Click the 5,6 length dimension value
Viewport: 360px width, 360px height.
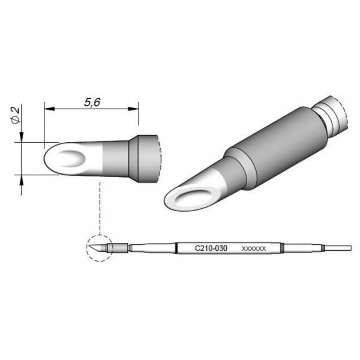tap(91, 103)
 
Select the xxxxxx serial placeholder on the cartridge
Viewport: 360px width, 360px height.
tap(253, 248)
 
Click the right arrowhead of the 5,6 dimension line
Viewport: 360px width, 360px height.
tap(134, 109)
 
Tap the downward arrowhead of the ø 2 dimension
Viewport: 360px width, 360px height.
tap(22, 139)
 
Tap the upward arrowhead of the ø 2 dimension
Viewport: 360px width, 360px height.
tap(22, 180)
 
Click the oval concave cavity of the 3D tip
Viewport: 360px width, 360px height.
tap(193, 198)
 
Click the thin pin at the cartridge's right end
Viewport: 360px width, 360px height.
tap(340, 247)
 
